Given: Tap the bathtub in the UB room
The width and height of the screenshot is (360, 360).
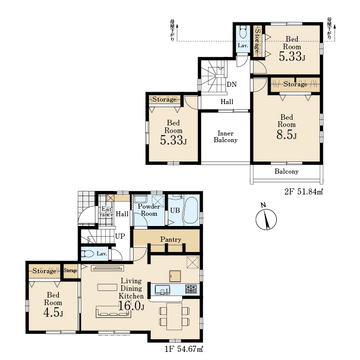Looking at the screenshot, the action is [x=190, y=211].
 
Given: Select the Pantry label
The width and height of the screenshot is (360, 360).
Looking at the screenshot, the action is [x=171, y=240].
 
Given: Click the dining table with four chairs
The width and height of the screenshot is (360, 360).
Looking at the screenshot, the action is [x=174, y=316].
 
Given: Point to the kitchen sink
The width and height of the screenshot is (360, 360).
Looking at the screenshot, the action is [x=162, y=289].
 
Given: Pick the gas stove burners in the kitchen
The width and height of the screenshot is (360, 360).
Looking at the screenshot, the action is [x=191, y=289].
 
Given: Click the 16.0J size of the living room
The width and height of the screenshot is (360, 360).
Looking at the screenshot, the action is [x=132, y=306].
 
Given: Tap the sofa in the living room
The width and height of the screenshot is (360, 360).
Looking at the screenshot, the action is [x=113, y=312].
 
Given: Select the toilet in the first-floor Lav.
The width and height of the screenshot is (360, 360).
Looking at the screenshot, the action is [x=88, y=254].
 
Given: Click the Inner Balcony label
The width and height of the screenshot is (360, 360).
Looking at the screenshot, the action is [x=225, y=137].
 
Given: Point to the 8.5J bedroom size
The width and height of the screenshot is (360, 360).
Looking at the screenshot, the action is [x=286, y=135].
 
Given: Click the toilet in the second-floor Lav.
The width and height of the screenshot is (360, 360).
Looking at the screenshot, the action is [x=243, y=32].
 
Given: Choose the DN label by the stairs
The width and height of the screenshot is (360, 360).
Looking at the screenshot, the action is [x=232, y=84].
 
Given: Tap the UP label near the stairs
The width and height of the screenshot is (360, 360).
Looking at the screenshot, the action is [x=120, y=236].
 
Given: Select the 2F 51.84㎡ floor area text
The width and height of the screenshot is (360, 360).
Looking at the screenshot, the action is [x=304, y=191].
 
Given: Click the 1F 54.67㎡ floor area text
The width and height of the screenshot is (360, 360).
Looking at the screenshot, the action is [x=184, y=349].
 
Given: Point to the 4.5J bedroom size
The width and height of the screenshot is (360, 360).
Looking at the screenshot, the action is [x=53, y=313].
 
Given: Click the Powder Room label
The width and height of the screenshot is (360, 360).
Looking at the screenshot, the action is [x=149, y=210].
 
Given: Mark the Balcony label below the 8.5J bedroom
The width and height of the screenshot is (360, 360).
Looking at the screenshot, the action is [x=286, y=172].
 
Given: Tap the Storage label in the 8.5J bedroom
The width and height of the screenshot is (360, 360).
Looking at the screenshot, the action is [x=295, y=84].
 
